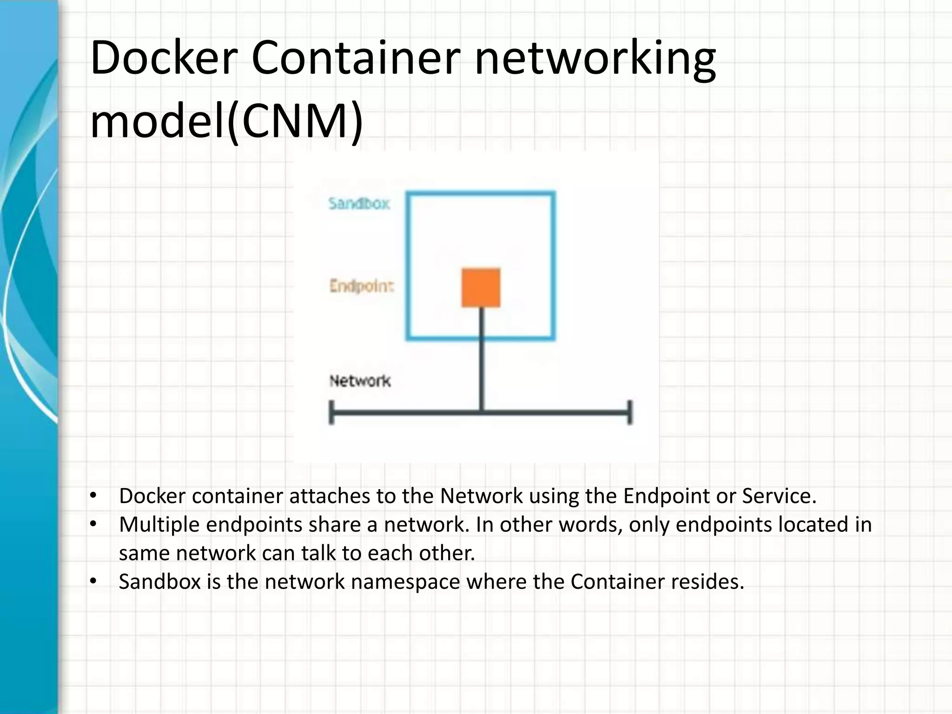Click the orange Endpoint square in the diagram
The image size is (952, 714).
pos(481,287)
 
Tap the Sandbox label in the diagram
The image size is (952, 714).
pos(358,204)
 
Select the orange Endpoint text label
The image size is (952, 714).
pos(362,286)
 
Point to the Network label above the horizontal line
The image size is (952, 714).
pos(360,381)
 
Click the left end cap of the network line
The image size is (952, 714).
pos(331,412)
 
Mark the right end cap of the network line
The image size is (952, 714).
pos(630,412)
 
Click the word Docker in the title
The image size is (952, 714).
pos(164,58)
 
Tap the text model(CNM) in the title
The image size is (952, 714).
pos(226,122)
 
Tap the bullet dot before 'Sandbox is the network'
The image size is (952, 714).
pos(93,582)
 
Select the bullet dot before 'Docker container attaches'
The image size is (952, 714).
pos(93,496)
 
